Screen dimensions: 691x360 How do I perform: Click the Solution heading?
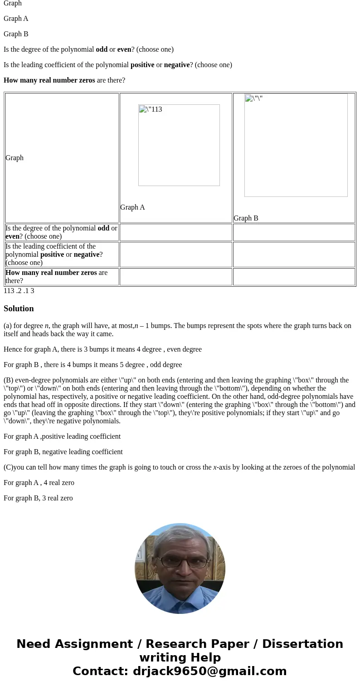(19, 309)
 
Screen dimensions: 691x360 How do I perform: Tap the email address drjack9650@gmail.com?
(209, 671)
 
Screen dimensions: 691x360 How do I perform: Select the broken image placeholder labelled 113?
(179, 145)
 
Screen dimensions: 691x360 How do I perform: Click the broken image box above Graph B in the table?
(296, 145)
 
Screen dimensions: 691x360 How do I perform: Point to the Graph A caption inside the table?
(132, 207)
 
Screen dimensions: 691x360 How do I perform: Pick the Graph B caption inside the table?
(246, 218)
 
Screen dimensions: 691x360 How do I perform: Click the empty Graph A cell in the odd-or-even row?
(175, 232)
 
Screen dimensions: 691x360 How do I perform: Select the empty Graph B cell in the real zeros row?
(293, 277)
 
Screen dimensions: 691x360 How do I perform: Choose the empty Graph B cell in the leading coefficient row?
(293, 255)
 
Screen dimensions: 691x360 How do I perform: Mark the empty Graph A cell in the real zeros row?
(175, 277)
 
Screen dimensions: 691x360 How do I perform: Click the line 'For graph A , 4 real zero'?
(39, 483)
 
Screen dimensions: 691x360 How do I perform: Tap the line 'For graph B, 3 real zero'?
(38, 498)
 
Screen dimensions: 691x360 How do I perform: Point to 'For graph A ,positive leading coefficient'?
(62, 436)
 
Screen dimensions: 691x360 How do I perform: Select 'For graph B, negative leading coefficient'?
(63, 452)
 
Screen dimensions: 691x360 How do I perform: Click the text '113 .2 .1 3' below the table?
(19, 291)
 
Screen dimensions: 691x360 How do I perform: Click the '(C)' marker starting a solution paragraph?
(8, 467)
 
